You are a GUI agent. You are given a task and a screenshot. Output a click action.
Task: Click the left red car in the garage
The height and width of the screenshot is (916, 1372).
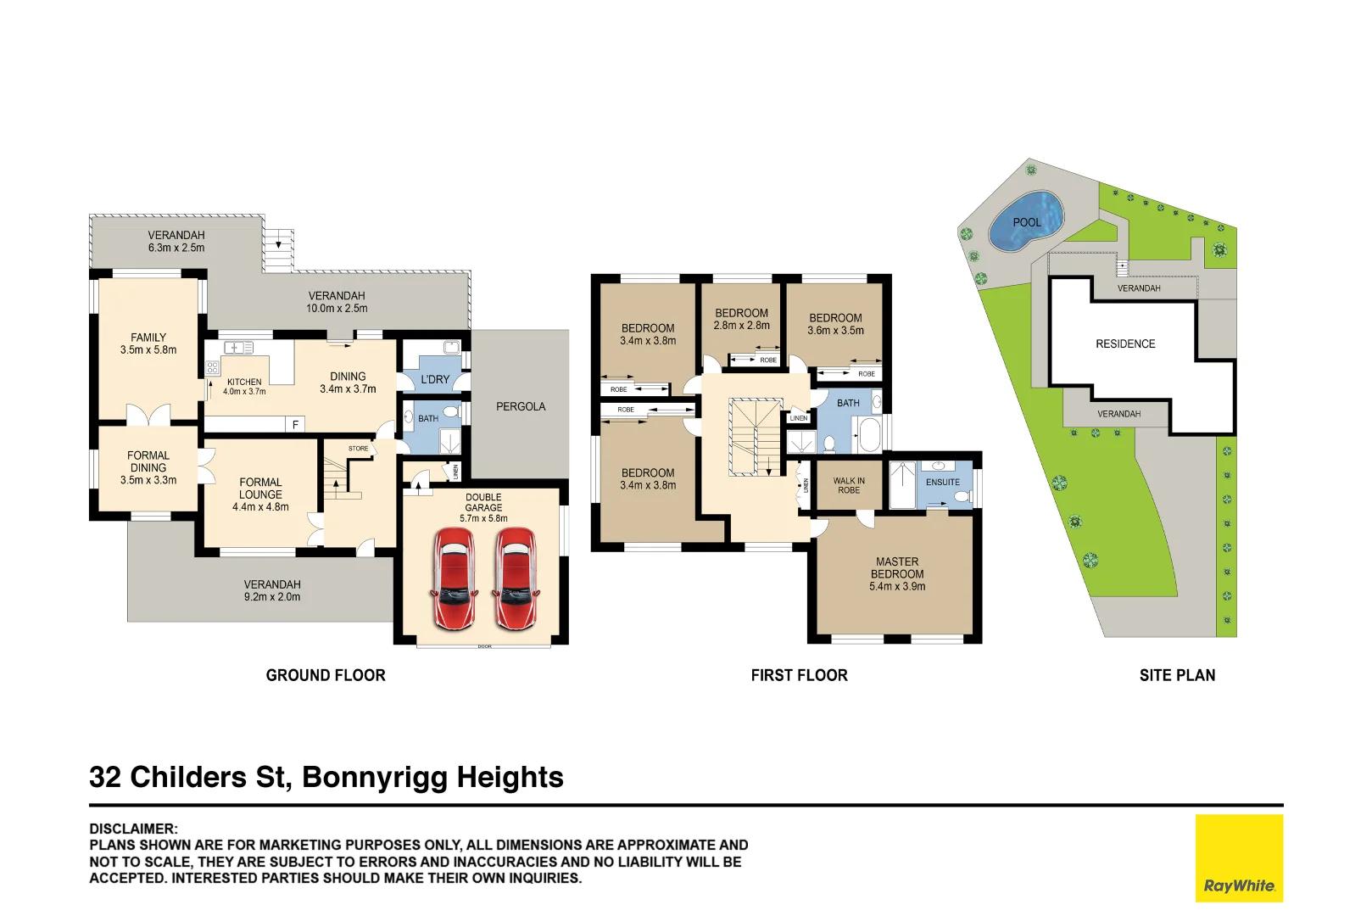coord(454,578)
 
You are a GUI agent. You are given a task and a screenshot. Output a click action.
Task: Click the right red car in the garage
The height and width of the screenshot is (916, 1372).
coord(516,578)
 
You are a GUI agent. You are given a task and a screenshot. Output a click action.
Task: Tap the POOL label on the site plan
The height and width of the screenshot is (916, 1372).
coord(1026,222)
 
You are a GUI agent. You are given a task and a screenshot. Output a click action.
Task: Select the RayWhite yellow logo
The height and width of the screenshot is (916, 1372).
coord(1239,857)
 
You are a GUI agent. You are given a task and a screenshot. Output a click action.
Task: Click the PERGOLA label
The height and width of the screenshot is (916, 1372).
coord(521,406)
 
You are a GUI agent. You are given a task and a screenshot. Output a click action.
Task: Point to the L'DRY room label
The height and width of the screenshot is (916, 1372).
coord(435,379)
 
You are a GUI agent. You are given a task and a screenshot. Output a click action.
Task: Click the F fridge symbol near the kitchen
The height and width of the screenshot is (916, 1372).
coord(295,424)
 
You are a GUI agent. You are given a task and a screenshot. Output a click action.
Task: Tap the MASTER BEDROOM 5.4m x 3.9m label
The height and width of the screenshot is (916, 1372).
coord(897,574)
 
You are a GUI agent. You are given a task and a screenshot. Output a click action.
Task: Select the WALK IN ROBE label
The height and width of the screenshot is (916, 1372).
coord(849,485)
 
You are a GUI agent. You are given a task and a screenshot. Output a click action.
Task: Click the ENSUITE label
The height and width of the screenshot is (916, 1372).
coord(942,482)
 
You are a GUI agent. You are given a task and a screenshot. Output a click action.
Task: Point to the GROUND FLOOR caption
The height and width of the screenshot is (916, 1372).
coord(326,675)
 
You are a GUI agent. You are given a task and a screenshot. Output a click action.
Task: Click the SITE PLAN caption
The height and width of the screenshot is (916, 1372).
coord(1177,675)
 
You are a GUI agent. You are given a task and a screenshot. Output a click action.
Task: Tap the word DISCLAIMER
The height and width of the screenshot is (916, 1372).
coord(133,829)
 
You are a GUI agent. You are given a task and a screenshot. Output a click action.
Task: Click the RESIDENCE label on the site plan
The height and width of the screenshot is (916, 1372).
coord(1125,343)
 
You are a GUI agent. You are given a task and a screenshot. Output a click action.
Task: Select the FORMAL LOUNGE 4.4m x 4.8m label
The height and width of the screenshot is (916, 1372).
coord(260,494)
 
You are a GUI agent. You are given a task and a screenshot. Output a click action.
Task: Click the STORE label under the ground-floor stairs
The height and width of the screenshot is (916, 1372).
coord(359,449)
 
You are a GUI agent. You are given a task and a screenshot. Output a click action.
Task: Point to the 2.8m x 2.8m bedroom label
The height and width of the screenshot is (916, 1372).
coord(741,319)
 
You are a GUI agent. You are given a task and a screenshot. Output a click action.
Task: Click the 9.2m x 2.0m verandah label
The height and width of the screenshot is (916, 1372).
coord(272,590)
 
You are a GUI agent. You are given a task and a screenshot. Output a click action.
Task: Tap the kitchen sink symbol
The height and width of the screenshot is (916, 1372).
coord(238,348)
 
